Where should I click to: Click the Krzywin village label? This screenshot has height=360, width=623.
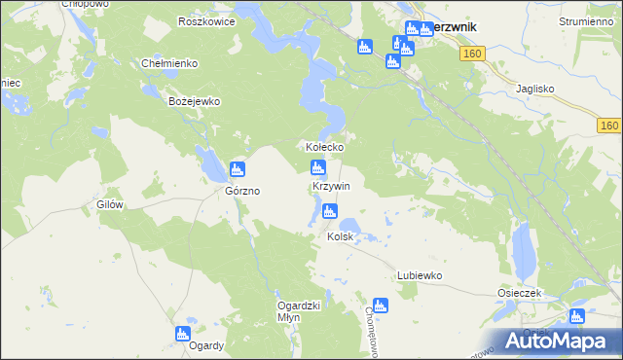click(331, 185)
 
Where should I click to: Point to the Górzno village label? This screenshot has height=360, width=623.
click(242, 192)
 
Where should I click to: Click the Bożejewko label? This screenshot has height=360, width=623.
click(196, 101)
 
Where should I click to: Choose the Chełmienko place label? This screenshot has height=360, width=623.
click(170, 63)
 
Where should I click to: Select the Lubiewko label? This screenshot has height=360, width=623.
click(420, 275)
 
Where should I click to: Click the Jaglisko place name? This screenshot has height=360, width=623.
click(534, 88)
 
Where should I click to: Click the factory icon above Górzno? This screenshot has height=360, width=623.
click(237, 170)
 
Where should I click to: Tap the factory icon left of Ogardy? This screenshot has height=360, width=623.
click(182, 334)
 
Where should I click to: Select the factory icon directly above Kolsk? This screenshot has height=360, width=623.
click(331, 211)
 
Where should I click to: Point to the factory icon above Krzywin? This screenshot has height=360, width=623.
click(317, 166)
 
